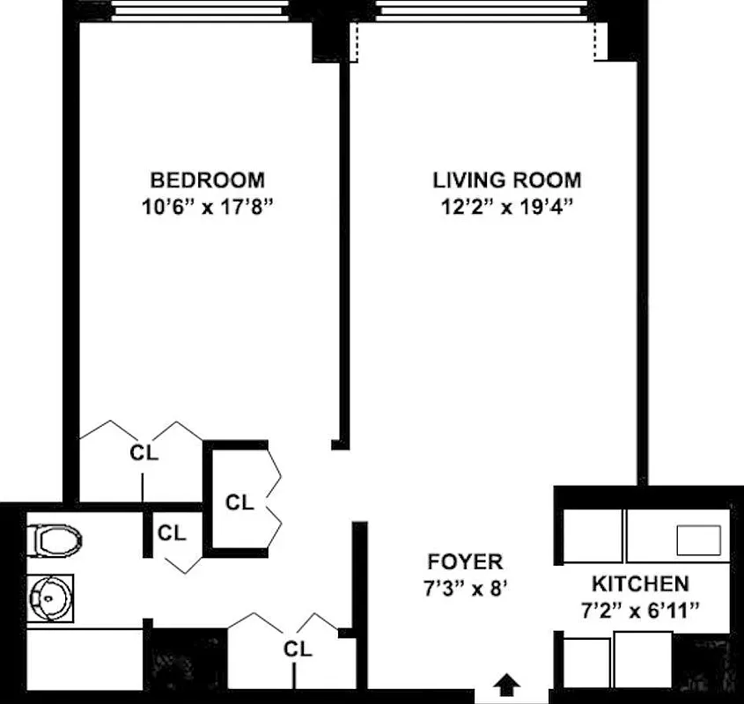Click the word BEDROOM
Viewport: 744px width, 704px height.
point(207,180)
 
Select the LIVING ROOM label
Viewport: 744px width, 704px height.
point(506,180)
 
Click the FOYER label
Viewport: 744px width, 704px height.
point(465,561)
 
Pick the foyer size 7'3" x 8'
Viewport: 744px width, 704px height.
point(465,590)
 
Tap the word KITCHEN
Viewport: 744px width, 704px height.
point(639,583)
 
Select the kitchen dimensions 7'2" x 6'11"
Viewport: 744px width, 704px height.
point(639,611)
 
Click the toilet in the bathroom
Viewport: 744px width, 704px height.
point(55,539)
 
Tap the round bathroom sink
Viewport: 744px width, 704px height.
point(50,598)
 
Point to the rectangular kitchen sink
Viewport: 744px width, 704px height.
point(697,539)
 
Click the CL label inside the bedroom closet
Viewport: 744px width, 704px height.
point(144,453)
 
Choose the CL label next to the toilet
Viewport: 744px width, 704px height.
point(172,532)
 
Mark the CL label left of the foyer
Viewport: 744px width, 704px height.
point(298,649)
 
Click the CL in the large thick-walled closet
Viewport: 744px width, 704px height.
point(239,502)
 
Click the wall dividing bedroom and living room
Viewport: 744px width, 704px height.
point(344,246)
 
